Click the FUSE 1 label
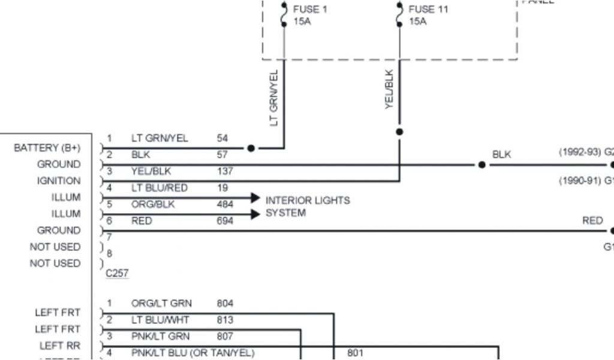click(x=310, y=10)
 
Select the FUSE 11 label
click(x=428, y=10)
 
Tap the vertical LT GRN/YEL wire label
click(x=274, y=98)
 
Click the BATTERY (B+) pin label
click(x=47, y=148)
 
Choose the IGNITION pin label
click(x=59, y=181)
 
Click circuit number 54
click(x=222, y=139)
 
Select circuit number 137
click(x=225, y=172)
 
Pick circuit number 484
click(x=225, y=205)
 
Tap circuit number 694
click(x=225, y=221)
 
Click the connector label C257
click(x=117, y=273)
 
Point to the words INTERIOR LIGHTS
click(x=308, y=200)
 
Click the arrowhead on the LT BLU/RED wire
click(x=255, y=197)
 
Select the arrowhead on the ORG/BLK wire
click(x=255, y=214)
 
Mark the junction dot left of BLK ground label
click(x=481, y=164)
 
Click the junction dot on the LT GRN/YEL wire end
click(x=251, y=148)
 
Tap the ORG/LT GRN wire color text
click(x=161, y=304)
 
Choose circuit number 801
click(x=355, y=353)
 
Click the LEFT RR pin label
click(x=59, y=346)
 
